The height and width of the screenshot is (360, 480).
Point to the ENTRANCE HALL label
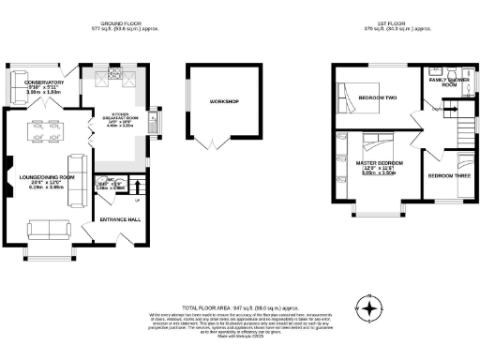pos(121,219)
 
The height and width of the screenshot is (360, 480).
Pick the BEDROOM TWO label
pos(378,97)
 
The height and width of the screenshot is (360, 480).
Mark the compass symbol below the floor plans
pos(370,307)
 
